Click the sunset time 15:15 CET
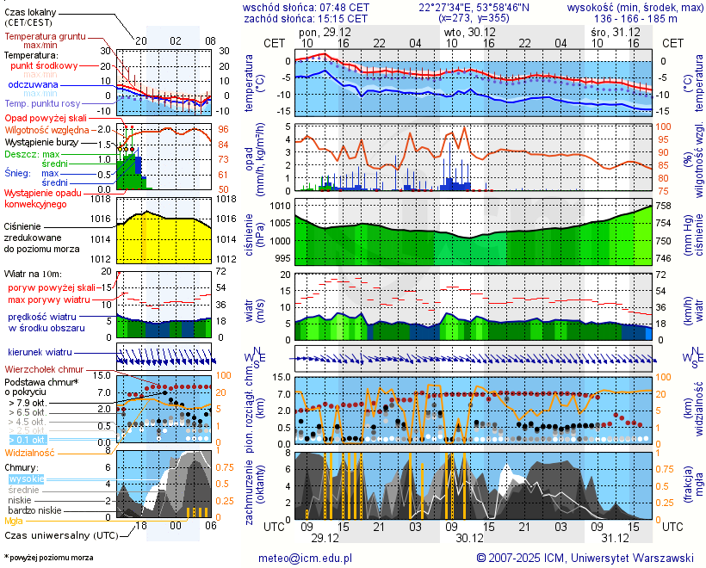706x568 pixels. click(x=343, y=18)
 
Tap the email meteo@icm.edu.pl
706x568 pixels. click(x=306, y=558)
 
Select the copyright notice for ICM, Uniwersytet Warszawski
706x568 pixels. click(x=585, y=558)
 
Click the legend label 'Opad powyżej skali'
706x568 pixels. click(x=46, y=118)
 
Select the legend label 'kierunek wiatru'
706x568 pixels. click(x=40, y=352)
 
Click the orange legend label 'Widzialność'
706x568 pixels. click(x=30, y=452)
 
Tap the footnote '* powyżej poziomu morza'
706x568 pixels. click(x=48, y=558)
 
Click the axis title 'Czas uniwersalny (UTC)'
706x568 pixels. click(x=61, y=535)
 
